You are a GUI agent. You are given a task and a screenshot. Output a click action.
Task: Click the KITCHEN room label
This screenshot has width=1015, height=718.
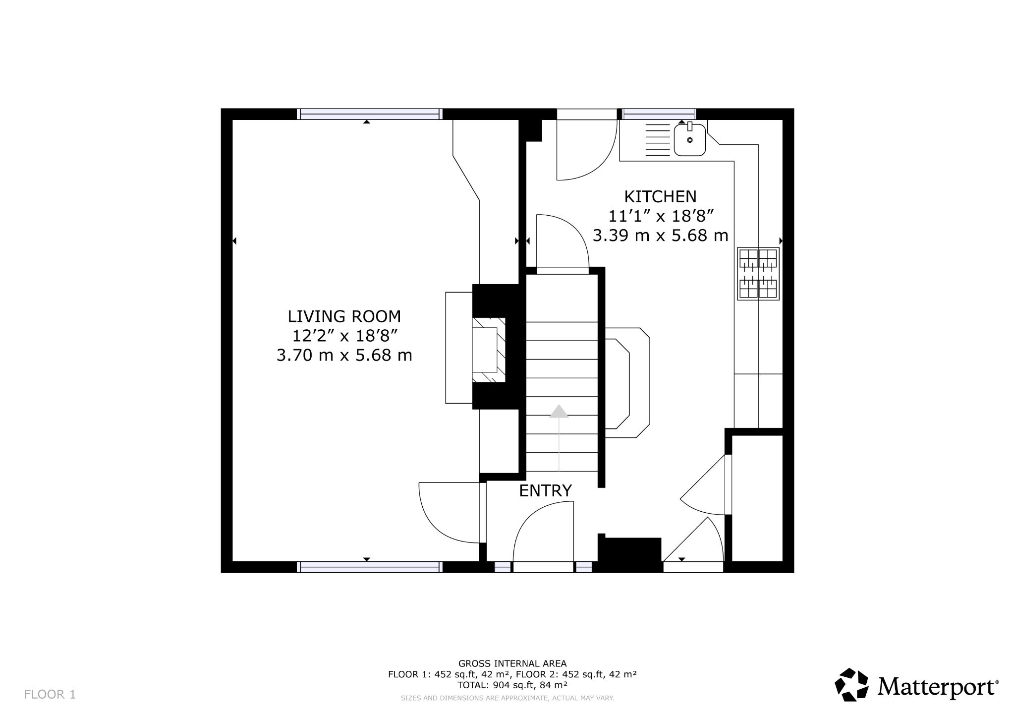660,197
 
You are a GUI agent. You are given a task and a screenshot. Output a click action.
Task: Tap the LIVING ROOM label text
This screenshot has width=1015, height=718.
344,316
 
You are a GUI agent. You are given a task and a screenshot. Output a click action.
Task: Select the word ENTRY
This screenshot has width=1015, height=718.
545,491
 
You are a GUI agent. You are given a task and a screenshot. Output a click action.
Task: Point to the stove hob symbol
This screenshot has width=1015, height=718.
758,274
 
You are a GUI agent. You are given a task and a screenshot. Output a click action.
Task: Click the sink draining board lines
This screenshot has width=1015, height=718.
658,140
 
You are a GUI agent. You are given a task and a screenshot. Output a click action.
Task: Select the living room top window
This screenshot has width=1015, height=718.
369,114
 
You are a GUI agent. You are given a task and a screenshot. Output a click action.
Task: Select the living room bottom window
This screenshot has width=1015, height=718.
369,567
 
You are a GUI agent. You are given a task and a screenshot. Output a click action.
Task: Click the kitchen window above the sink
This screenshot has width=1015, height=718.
659,114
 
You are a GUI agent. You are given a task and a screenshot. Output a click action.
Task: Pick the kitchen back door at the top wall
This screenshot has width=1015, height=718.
585,149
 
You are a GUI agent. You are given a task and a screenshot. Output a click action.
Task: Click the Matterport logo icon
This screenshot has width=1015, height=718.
851,685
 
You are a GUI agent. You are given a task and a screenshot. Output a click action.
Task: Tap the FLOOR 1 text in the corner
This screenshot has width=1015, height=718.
50,694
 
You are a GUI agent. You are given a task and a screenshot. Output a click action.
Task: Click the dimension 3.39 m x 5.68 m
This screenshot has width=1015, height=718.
660,236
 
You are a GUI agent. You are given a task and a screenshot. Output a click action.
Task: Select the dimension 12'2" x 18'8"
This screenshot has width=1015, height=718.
345,336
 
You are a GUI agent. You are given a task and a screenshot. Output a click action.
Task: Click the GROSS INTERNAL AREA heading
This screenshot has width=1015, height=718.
512,663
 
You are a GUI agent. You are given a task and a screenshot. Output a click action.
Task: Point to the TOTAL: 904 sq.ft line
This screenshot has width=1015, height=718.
512,685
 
